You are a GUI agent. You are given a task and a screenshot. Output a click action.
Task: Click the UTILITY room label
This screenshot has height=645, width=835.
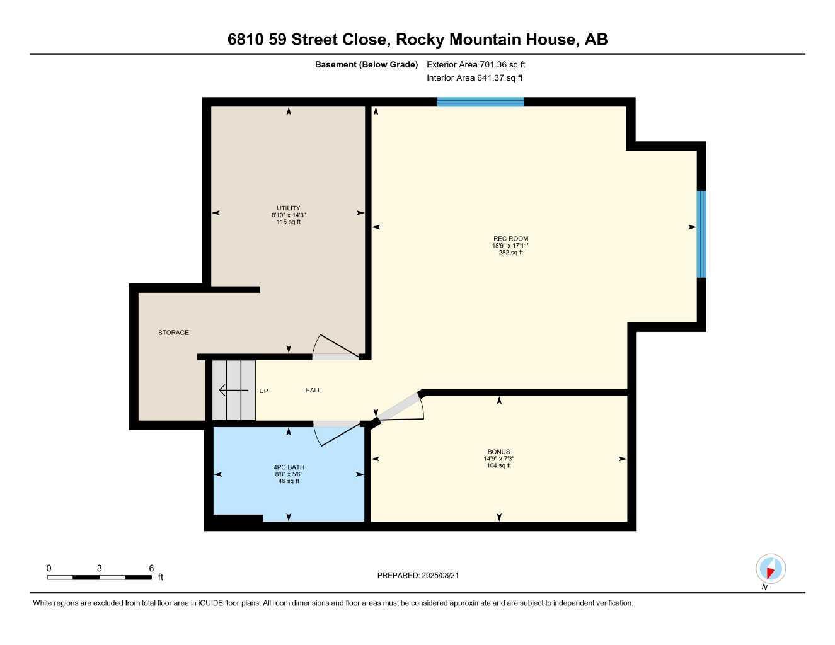[289, 208]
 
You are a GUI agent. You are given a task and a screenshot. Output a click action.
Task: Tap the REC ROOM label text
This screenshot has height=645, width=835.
[510, 239]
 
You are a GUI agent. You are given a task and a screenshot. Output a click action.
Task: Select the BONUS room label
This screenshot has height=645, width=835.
[498, 452]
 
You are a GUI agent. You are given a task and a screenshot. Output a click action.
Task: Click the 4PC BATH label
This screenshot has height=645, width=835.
[289, 467]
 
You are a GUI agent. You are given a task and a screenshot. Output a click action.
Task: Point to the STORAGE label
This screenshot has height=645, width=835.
[173, 333]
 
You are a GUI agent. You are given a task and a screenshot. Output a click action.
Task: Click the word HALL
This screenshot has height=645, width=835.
[313, 391]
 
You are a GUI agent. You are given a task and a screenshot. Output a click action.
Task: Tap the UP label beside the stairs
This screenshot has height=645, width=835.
[263, 391]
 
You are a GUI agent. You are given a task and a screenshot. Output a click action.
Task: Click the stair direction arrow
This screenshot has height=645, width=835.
[233, 391]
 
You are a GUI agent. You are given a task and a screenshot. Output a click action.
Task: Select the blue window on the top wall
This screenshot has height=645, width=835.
[480, 102]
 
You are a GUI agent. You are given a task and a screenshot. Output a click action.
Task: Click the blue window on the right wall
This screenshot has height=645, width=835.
[701, 234]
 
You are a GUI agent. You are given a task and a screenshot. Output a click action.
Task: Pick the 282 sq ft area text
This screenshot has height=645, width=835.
[510, 253]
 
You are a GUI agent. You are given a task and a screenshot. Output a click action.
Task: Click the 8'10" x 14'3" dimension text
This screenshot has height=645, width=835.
[289, 215]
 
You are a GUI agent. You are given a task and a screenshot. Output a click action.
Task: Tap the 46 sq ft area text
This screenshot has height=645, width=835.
[289, 481]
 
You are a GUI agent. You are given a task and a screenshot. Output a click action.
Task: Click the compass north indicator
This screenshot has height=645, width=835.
[770, 569]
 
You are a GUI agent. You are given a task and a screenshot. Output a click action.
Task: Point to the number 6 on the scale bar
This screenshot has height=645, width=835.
[151, 568]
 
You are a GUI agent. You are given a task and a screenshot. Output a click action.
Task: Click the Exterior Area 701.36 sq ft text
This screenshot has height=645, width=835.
[476, 64]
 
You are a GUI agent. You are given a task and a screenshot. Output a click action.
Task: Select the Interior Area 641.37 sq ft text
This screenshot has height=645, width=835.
[475, 78]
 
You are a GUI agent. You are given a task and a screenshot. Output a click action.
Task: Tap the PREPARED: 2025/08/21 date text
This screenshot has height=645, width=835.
[422, 575]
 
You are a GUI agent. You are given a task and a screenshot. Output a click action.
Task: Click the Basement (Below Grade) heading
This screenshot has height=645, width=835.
[366, 64]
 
